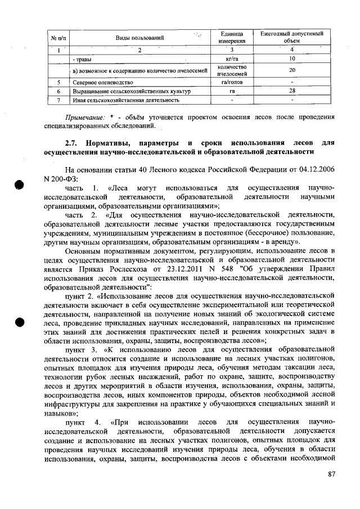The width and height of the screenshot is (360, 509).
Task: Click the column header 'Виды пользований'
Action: coord(139,38)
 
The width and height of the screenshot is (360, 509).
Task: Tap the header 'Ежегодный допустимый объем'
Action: coord(292,38)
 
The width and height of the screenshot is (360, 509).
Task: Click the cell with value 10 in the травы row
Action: coord(292,58)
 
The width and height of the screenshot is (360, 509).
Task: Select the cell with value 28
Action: coord(292,91)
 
